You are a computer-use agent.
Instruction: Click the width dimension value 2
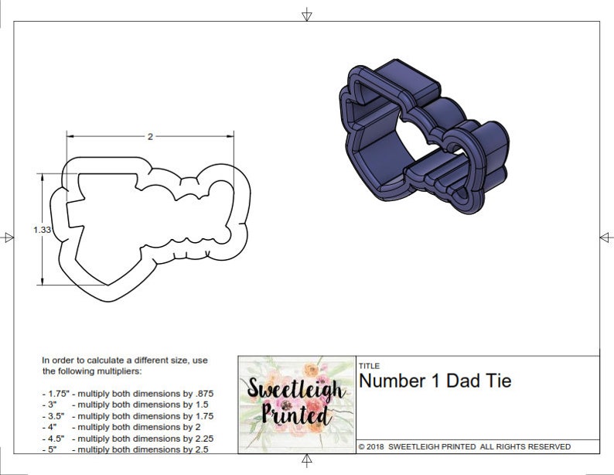[150, 136]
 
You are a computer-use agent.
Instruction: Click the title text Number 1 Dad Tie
[435, 381]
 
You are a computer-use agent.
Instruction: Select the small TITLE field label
[369, 366]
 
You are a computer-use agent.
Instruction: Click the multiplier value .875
[201, 393]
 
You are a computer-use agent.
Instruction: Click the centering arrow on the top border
[307, 15]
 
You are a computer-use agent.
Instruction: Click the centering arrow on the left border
[7, 237]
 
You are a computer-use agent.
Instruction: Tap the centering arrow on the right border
[606, 237]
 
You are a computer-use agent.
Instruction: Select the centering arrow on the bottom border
[307, 460]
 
